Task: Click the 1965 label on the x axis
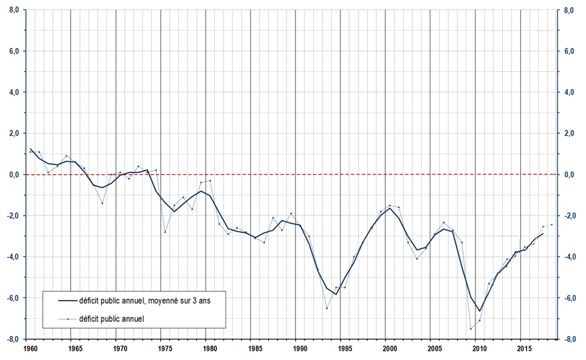74,348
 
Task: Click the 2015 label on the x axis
524,348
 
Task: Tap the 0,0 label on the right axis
569,175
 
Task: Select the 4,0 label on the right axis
569,92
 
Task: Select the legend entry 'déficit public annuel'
112,318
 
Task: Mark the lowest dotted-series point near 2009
470,329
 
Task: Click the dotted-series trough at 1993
327,308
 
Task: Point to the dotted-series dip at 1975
165,232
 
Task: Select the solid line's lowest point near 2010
479,311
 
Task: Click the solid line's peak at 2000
390,208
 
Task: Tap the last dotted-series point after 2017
551,224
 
